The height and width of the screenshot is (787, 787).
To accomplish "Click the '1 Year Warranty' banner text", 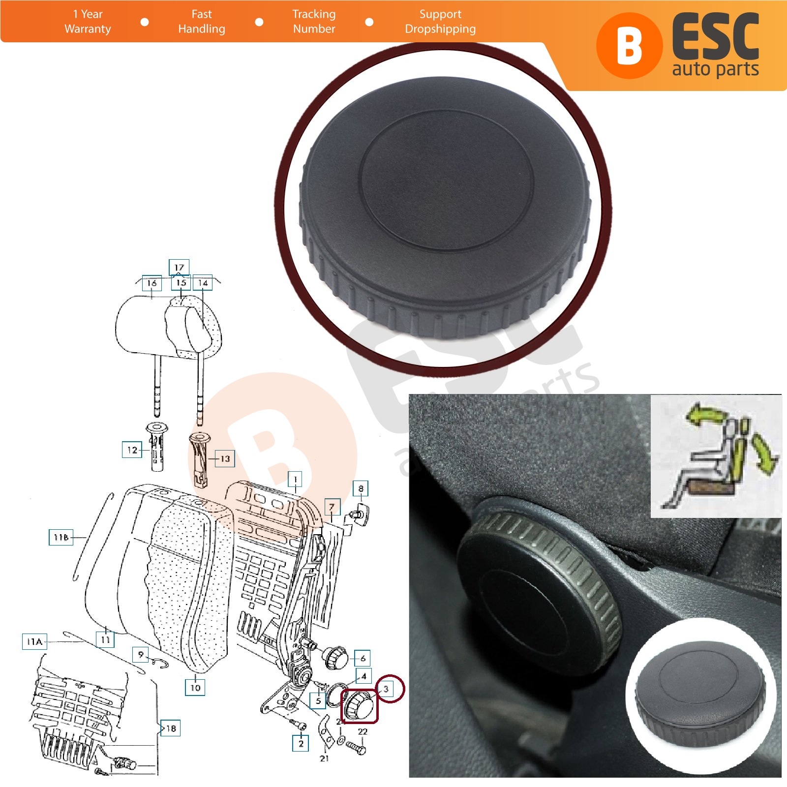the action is pos(88,22).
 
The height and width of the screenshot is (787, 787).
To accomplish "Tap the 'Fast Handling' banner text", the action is pos(202,22).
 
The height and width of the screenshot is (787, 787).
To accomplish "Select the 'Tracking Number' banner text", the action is pos(314,22).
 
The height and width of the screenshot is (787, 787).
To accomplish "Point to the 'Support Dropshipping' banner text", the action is pos(440,22).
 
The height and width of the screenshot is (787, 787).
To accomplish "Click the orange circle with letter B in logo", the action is pos(629,46).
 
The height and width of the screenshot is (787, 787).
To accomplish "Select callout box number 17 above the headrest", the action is pos(179,267).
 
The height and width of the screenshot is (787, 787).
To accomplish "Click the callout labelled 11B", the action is pos(61,537).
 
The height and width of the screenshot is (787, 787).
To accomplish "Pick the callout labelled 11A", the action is pos(34,641).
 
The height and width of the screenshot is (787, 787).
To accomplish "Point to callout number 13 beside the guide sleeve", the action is pos(225,458).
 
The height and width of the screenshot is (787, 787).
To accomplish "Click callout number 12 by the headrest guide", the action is pos(132,450).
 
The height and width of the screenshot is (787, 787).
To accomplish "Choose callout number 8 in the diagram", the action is pos(361,488).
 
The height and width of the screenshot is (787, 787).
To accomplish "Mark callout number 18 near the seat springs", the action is pos(171,728).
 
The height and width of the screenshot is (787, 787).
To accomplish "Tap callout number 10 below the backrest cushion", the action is pos(195,687).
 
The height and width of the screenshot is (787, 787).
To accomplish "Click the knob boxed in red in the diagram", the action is pos(359,705).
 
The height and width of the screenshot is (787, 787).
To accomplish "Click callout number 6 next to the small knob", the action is pos(363,658).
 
